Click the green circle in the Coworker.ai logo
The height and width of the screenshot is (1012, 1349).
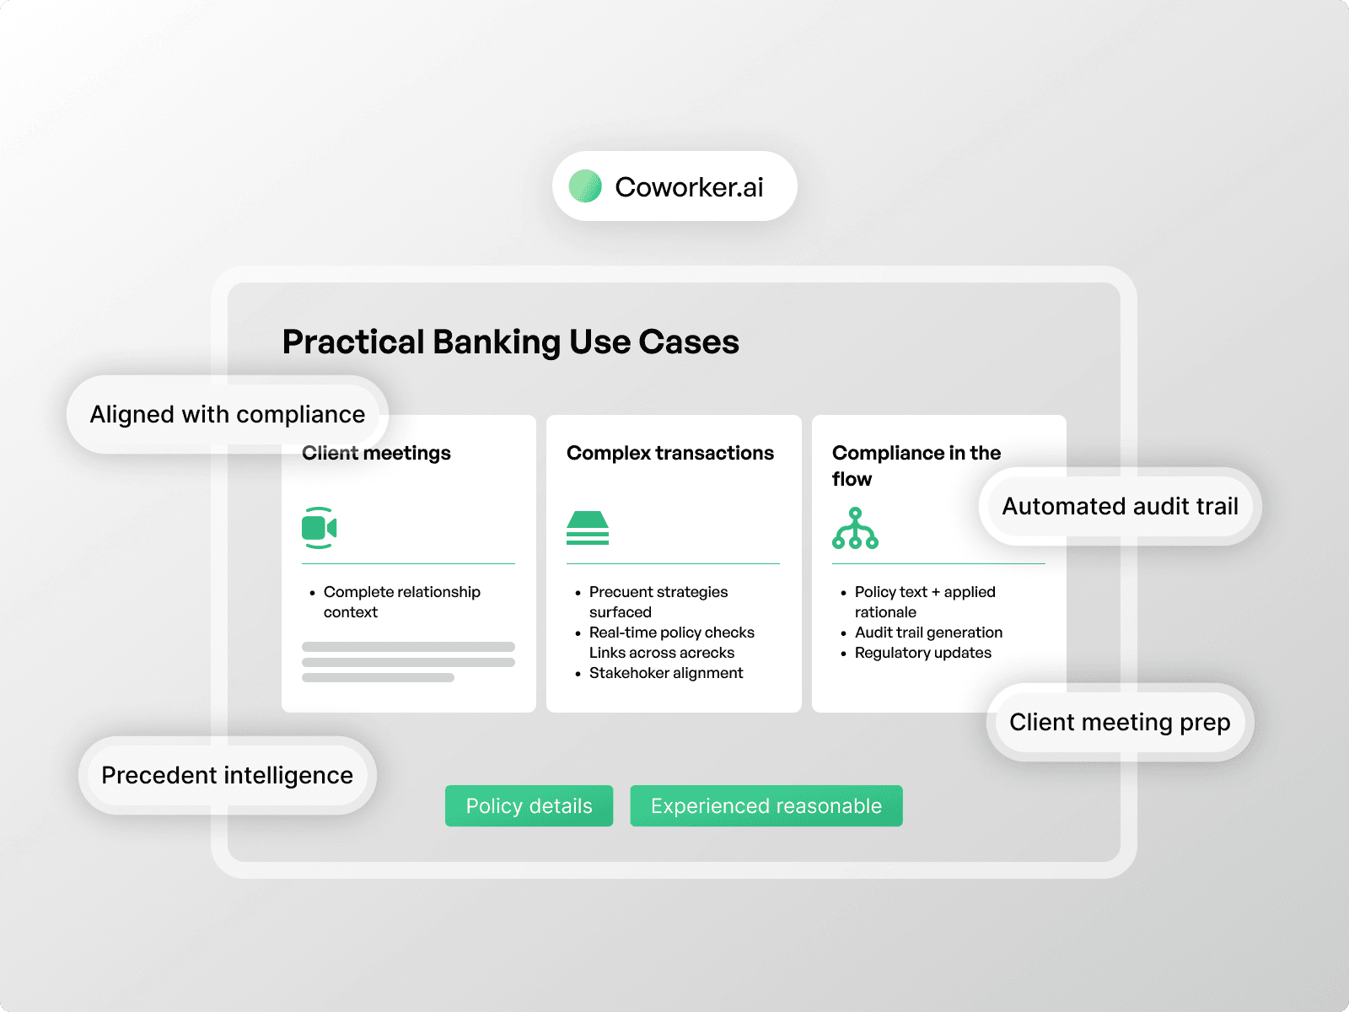click(x=585, y=186)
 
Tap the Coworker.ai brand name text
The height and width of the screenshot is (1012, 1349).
click(x=689, y=187)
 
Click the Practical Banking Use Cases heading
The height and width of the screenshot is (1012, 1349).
click(x=510, y=342)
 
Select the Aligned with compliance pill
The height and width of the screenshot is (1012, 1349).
click(x=227, y=414)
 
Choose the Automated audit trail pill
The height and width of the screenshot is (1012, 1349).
click(x=1120, y=506)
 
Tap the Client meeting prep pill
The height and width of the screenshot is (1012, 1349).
click(x=1120, y=722)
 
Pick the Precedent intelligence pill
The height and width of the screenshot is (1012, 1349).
click(x=227, y=775)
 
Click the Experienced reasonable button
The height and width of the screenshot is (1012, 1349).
click(x=766, y=806)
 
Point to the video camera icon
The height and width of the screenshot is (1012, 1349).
click(x=319, y=528)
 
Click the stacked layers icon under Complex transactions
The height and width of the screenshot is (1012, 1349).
click(x=588, y=528)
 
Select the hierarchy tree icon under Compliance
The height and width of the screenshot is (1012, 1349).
click(x=855, y=529)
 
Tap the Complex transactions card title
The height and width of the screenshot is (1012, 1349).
click(x=669, y=453)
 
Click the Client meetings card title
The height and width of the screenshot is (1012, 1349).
click(x=377, y=453)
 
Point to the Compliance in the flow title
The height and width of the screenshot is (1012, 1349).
click(x=916, y=466)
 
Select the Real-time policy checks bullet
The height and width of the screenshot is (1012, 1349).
click(x=671, y=632)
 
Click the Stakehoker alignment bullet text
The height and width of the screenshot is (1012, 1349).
click(x=666, y=673)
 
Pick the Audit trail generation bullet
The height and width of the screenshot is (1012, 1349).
click(x=928, y=632)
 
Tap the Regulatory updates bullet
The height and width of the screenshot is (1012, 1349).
click(x=922, y=653)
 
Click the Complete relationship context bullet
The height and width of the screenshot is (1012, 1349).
click(x=401, y=602)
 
